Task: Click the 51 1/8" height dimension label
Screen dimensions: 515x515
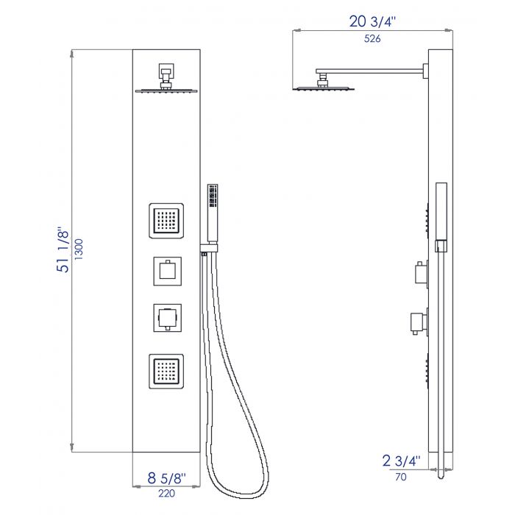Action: [x=63, y=249]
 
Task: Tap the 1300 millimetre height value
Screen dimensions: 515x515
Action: [x=79, y=249]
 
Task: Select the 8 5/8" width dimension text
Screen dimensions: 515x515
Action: [x=166, y=478]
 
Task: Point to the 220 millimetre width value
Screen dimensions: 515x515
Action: [x=166, y=494]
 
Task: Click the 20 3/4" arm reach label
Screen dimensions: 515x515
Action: [x=372, y=21]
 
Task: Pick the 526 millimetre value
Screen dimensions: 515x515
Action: [x=372, y=39]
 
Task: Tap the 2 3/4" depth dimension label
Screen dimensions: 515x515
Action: [x=402, y=461]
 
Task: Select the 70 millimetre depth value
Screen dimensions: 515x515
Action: [x=401, y=477]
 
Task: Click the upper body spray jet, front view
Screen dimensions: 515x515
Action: [x=166, y=221]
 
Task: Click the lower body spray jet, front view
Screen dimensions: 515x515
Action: [x=166, y=372]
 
